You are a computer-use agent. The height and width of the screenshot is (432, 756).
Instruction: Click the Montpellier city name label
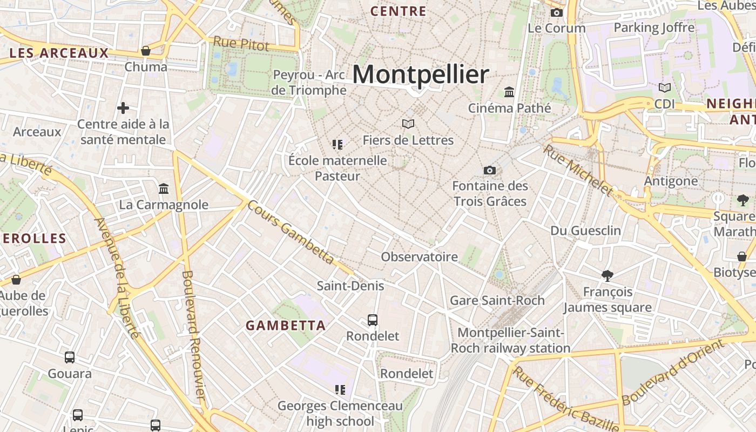tap(421, 74)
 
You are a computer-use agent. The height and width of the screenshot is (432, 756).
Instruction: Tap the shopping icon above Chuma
tap(145, 51)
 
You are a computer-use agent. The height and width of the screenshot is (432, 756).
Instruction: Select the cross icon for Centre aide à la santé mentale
tap(123, 108)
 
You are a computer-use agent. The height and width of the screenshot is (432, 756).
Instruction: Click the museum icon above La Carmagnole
tap(164, 189)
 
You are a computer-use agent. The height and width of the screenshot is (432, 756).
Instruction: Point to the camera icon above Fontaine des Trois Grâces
tap(490, 171)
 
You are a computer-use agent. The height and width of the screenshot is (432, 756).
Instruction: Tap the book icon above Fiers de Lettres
tap(408, 124)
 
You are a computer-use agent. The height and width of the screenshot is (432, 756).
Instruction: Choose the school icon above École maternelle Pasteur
tap(338, 145)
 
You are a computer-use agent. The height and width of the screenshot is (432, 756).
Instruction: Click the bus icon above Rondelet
tap(373, 320)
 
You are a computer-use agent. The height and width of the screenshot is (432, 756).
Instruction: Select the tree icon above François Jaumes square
tap(607, 276)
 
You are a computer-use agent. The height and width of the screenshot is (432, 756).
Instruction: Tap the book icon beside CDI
tap(665, 87)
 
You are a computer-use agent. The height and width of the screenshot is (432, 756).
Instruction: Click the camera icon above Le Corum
tap(557, 12)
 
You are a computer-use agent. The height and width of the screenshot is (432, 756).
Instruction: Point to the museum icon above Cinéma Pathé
tap(509, 92)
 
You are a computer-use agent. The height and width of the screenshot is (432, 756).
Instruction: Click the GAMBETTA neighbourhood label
tap(286, 326)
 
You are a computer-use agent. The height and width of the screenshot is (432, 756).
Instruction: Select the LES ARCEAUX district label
tap(59, 53)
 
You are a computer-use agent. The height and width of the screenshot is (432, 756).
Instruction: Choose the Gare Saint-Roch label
tap(497, 300)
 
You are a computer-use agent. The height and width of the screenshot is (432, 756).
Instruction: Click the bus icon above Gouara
tap(70, 357)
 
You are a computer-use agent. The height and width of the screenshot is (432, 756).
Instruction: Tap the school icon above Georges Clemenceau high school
tap(340, 390)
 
